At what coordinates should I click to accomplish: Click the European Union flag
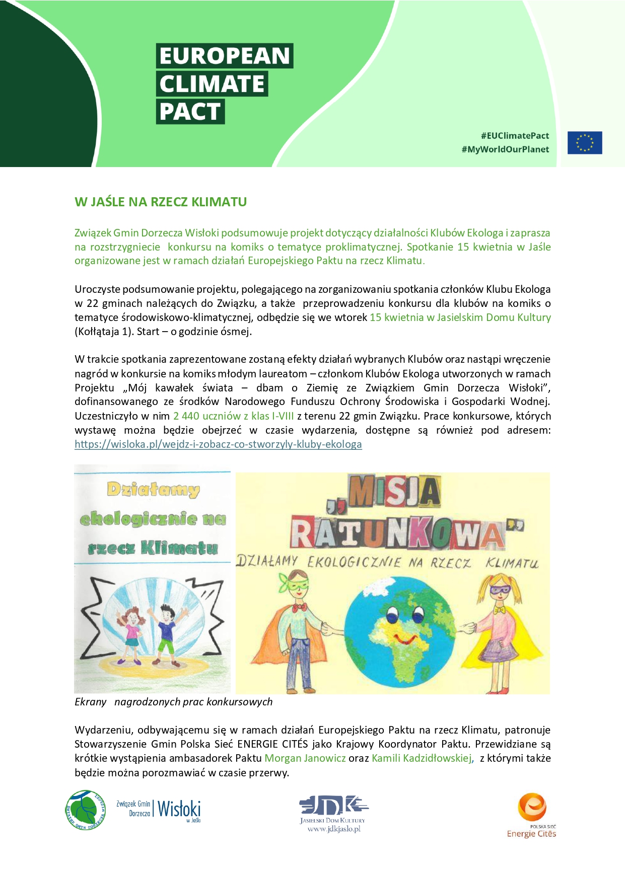(x=585, y=142)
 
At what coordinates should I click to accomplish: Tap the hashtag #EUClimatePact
(x=515, y=136)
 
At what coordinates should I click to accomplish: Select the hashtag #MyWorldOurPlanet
(x=505, y=149)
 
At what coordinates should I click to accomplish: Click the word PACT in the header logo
(x=190, y=112)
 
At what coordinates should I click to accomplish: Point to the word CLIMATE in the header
(x=212, y=84)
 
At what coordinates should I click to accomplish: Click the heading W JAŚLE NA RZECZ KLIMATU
(x=161, y=202)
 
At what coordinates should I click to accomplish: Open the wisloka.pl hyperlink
(x=218, y=444)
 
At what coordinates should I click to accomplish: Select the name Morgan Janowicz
(x=305, y=758)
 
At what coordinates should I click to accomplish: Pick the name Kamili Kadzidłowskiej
(x=422, y=758)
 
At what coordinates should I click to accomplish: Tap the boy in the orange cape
(x=294, y=629)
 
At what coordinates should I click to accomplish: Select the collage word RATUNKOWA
(x=398, y=534)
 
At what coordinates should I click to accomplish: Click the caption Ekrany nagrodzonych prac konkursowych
(x=173, y=702)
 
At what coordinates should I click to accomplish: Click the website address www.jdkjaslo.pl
(x=334, y=829)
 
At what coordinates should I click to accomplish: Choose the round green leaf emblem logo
(x=86, y=810)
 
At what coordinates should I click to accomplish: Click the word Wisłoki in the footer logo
(x=179, y=809)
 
